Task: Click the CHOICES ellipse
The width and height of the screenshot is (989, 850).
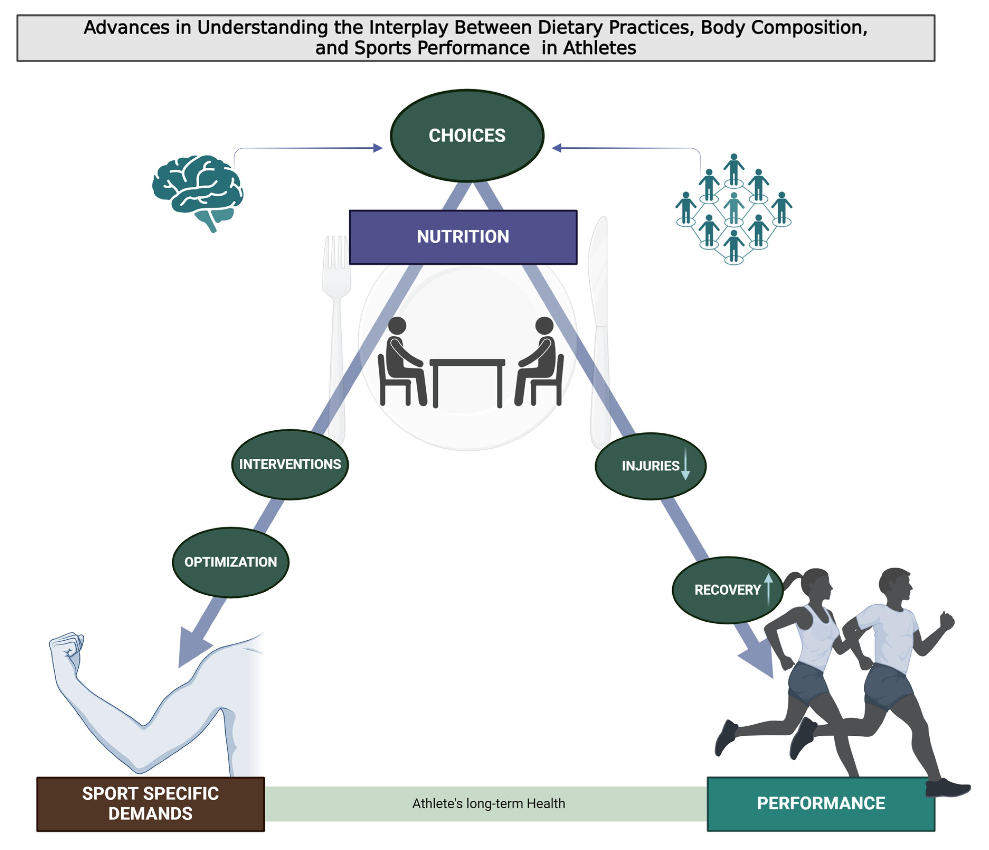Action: pyautogui.click(x=467, y=136)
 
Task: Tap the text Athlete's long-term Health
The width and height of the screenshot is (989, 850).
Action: pyautogui.click(x=488, y=804)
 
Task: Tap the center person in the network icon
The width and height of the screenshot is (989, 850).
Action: pyautogui.click(x=734, y=206)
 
